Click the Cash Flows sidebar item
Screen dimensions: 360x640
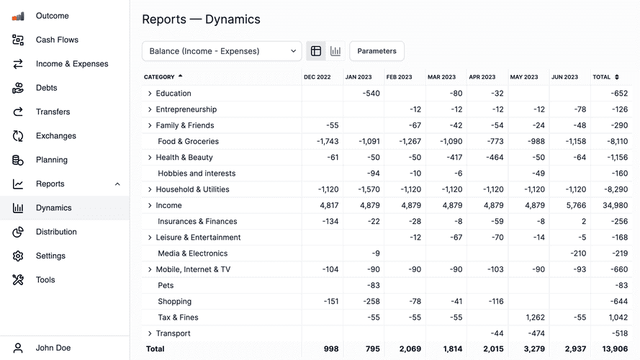57,40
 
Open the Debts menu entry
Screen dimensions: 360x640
46,88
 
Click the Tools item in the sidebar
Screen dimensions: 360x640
45,280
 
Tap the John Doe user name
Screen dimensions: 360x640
53,348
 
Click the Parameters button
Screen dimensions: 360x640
377,51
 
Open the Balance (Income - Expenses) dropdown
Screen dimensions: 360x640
222,51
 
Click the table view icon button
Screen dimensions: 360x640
316,51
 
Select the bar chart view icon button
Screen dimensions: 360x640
335,51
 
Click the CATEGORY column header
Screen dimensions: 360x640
159,77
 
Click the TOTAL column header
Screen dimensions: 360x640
601,77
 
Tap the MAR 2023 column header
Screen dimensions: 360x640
441,77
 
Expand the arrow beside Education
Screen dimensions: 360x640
150,94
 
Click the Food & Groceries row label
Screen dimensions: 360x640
188,142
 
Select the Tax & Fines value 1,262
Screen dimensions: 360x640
535,318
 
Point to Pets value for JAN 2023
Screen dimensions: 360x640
371,286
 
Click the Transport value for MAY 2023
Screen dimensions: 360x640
535,333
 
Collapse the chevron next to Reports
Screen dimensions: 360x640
117,184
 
